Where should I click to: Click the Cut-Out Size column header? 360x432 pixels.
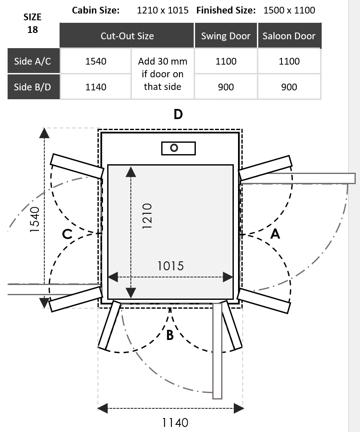(127, 36)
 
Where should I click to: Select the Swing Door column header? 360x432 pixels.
(226, 36)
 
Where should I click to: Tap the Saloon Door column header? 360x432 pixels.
(289, 36)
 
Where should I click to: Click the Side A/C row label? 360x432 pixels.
(32, 61)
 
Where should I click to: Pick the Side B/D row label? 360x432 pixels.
(32, 87)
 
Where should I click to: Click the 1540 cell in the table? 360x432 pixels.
(96, 61)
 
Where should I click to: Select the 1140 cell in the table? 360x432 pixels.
(96, 87)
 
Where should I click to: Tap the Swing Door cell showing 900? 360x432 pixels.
(226, 87)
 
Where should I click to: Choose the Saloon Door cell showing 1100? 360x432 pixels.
(289, 61)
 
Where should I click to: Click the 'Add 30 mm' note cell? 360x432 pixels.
(162, 74)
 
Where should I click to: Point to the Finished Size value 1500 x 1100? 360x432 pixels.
(289, 10)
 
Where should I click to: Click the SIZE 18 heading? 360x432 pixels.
(32, 23)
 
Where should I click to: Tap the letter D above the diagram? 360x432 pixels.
(178, 114)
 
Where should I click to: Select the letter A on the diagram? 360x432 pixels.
(275, 234)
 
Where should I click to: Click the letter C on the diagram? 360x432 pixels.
(68, 234)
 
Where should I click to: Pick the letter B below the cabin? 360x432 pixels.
(170, 336)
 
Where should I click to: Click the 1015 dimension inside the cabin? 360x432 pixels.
(171, 266)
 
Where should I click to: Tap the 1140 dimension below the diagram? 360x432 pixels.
(175, 422)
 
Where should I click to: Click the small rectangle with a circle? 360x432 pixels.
(179, 148)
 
